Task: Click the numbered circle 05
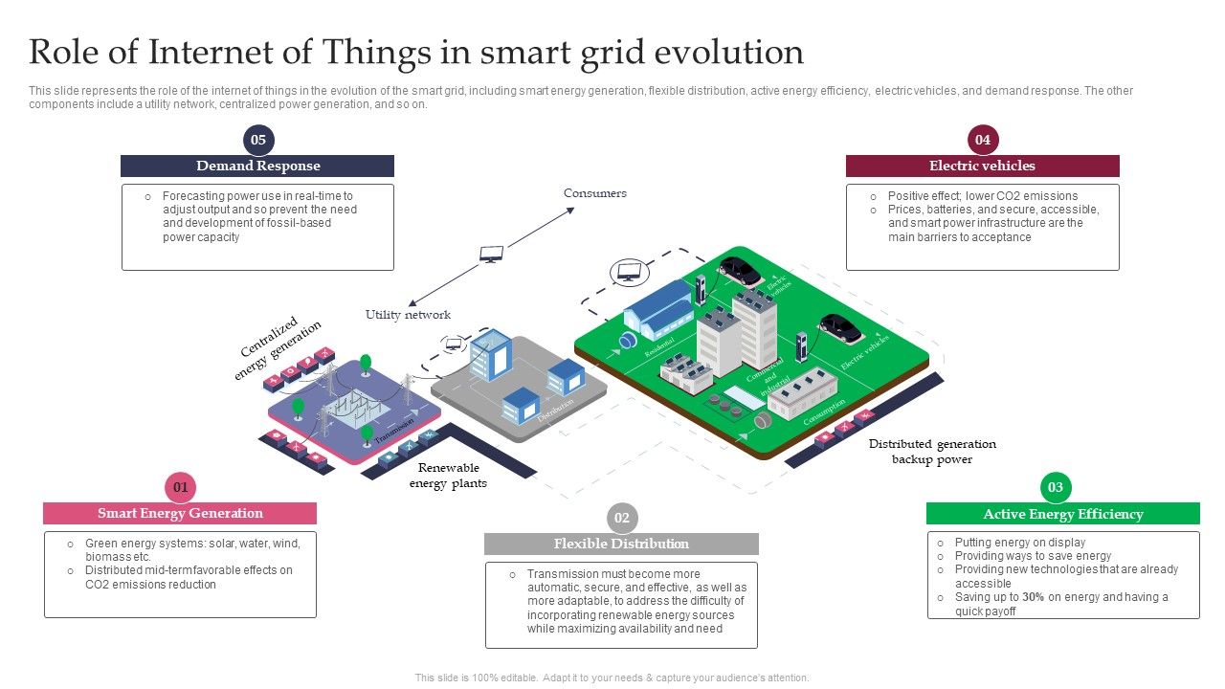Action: pos(257,140)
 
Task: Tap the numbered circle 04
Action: pos(983,140)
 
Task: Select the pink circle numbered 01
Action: pos(180,487)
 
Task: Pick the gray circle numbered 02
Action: pos(622,518)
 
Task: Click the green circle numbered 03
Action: pos(1056,487)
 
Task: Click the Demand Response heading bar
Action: pos(257,166)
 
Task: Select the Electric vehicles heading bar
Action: pos(983,166)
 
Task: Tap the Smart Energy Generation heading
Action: pos(180,513)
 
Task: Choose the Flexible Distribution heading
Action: pos(621,544)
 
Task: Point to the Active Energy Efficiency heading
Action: pos(1062,514)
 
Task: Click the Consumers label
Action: pos(595,193)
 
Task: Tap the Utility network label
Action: pos(408,315)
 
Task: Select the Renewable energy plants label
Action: pos(448,476)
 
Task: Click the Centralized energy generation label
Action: pos(278,348)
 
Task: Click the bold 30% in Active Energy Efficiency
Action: pos(1033,597)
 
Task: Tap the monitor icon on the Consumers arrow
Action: pos(492,254)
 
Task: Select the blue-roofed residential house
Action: pos(658,308)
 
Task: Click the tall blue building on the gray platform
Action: pos(490,354)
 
